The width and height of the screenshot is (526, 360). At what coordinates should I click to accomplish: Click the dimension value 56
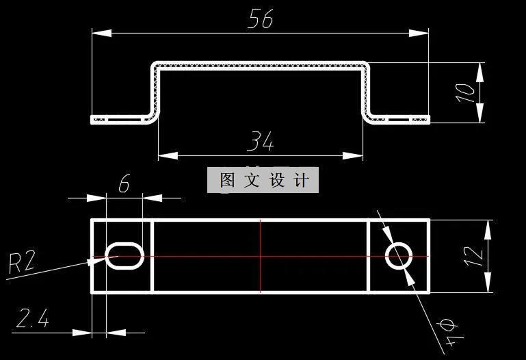click(261, 18)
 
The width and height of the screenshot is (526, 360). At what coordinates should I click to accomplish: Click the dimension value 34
click(261, 142)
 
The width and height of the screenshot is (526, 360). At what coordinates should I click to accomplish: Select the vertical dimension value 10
click(465, 92)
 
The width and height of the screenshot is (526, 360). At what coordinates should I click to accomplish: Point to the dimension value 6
click(124, 185)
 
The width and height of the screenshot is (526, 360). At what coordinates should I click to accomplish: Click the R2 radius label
click(21, 263)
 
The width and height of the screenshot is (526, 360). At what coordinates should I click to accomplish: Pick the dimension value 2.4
click(32, 319)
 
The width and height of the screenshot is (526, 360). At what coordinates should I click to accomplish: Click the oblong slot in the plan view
click(124, 256)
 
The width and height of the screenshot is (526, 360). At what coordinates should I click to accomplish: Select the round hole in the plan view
click(399, 256)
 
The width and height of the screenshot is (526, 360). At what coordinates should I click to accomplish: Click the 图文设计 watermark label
click(263, 180)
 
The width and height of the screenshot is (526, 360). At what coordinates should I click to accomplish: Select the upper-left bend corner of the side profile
click(155, 66)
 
